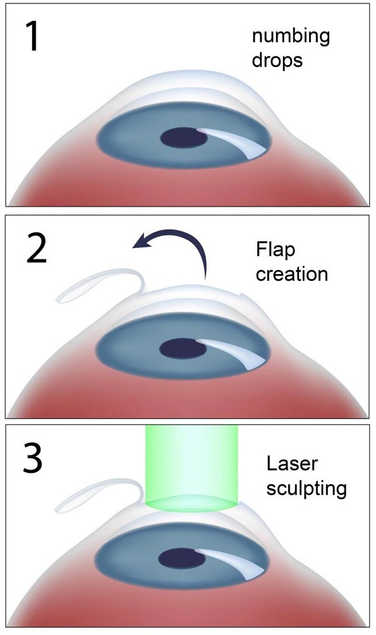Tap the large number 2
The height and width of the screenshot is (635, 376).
[36, 248]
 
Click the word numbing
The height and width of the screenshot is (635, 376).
[291, 37]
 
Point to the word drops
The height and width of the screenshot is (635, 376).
[277, 60]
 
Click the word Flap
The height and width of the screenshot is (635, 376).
[275, 250]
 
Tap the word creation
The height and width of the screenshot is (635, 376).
[292, 274]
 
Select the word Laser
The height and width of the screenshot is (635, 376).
[292, 464]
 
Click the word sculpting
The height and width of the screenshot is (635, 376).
[306, 489]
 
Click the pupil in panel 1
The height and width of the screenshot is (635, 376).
[184, 138]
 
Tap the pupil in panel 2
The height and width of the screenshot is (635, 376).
[182, 348]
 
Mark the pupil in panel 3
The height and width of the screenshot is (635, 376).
[182, 559]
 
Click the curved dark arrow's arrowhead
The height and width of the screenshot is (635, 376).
[143, 241]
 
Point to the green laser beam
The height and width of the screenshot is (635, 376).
[192, 468]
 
